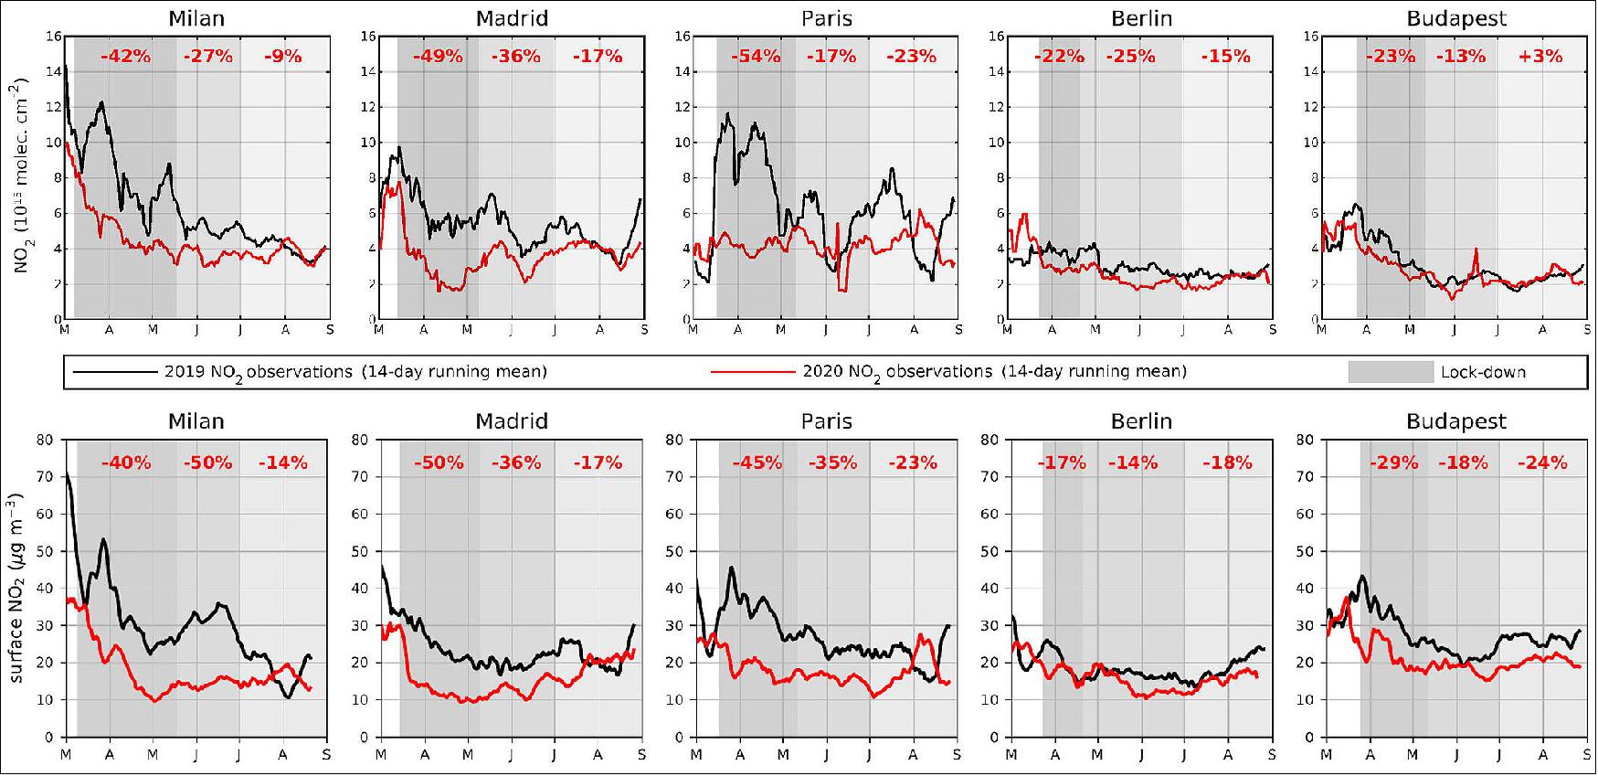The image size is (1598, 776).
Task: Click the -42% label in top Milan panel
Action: click(x=125, y=57)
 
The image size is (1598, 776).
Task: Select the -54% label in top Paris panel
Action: click(x=756, y=57)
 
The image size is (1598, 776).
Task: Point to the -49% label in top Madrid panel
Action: click(x=438, y=57)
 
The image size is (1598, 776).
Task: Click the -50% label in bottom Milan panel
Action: click(x=207, y=462)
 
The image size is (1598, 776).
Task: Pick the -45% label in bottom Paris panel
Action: click(x=757, y=462)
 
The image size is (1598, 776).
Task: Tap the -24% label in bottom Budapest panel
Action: click(x=1542, y=462)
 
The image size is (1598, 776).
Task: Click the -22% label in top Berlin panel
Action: click(x=1059, y=57)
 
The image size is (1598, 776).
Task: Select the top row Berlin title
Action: click(x=1141, y=18)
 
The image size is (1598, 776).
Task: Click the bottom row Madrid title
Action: click(x=512, y=421)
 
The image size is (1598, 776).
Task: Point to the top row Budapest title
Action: click(x=1456, y=18)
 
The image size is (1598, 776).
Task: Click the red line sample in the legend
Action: click(x=752, y=372)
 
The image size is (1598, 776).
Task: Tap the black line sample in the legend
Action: click(x=114, y=372)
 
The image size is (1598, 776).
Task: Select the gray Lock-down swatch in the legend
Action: click(x=1390, y=372)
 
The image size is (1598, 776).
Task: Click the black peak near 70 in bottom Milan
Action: click(x=67, y=473)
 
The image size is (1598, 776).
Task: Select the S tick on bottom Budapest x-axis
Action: click(x=1585, y=756)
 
